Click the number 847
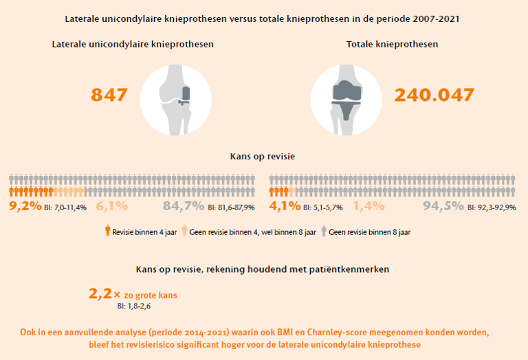point(109,95)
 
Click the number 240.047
point(434,95)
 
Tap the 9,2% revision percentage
point(25,205)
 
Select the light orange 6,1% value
point(112,205)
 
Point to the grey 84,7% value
point(184,205)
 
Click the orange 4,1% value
point(285,205)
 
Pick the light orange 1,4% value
point(368,205)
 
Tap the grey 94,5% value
point(443,205)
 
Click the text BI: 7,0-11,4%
point(65,207)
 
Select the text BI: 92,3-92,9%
point(492,207)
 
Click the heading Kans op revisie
point(263,157)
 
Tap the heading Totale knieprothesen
point(393,45)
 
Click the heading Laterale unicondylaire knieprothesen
point(133,45)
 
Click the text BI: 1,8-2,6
point(134,306)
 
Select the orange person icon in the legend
point(107,230)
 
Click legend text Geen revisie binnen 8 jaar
point(370,232)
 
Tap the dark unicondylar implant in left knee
point(185,95)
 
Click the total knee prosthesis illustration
point(346,100)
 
